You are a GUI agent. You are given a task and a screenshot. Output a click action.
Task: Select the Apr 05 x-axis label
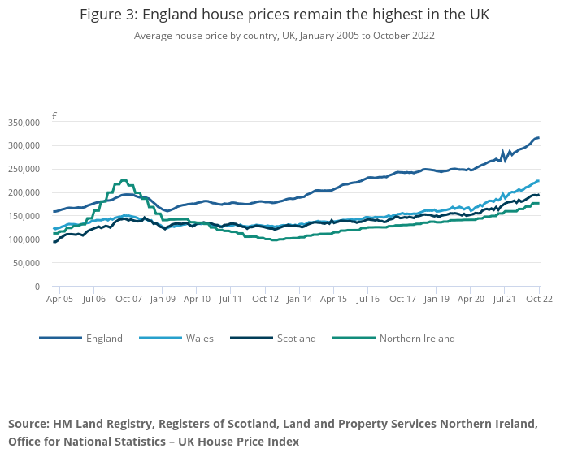pos(59,299)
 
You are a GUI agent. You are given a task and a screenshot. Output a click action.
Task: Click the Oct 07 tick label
pos(128,299)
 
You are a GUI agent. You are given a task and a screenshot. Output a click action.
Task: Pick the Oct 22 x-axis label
pos(539,299)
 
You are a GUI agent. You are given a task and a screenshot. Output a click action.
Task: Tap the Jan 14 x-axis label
pos(299,299)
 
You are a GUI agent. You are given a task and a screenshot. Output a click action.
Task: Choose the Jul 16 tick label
pos(367,299)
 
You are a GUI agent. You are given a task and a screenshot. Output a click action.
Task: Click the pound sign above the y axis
pos(54,115)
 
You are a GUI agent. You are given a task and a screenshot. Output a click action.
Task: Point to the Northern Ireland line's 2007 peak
pos(124,180)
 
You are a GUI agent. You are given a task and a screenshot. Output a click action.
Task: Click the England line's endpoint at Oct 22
pos(538,138)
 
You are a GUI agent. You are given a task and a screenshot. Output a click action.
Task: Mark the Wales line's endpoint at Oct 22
pos(538,181)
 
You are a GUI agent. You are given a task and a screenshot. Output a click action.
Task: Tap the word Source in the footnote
pos(28,424)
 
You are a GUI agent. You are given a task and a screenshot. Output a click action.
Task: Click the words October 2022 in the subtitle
pos(403,36)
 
